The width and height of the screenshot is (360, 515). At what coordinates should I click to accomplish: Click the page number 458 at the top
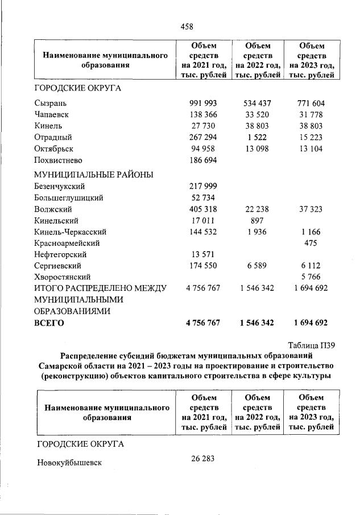187,27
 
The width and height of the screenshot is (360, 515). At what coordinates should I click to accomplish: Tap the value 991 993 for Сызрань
202,104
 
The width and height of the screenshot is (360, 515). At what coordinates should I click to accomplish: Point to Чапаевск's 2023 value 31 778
312,114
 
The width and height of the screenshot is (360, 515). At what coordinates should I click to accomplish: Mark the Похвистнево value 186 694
202,159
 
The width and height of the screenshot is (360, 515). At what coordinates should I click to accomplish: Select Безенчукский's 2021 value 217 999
202,187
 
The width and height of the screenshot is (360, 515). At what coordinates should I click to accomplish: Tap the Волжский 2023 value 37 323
312,209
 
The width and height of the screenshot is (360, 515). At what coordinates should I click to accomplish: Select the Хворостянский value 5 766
312,277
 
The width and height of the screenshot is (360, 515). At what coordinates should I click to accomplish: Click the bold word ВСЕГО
49,323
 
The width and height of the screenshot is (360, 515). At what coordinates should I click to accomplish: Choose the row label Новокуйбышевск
69,463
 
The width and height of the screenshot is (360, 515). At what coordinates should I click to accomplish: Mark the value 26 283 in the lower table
202,459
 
